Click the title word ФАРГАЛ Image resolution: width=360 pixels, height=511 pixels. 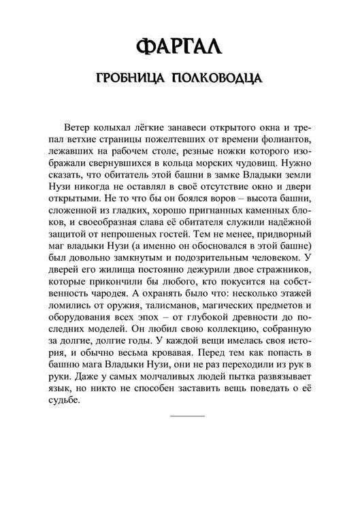[x=180, y=48]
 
